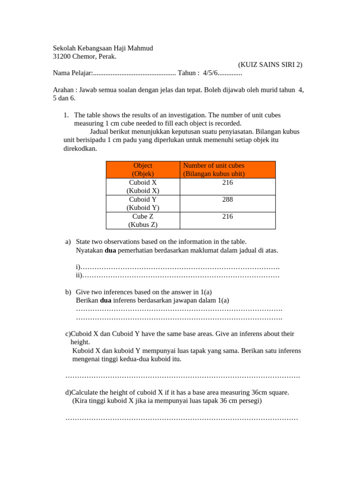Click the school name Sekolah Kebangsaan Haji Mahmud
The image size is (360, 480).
[103, 48]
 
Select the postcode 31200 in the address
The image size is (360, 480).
[61, 57]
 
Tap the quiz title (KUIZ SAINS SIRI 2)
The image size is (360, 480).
[270, 65]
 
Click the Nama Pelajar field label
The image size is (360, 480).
[73, 73]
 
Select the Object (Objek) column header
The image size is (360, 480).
[143, 170]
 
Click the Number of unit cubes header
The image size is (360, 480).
[214, 165]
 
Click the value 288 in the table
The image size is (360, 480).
[228, 199]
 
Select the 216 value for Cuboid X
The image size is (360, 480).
[228, 182]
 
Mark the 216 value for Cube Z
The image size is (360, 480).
[228, 217]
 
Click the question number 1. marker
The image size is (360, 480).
[66, 115]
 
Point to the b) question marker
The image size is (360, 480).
[68, 292]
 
